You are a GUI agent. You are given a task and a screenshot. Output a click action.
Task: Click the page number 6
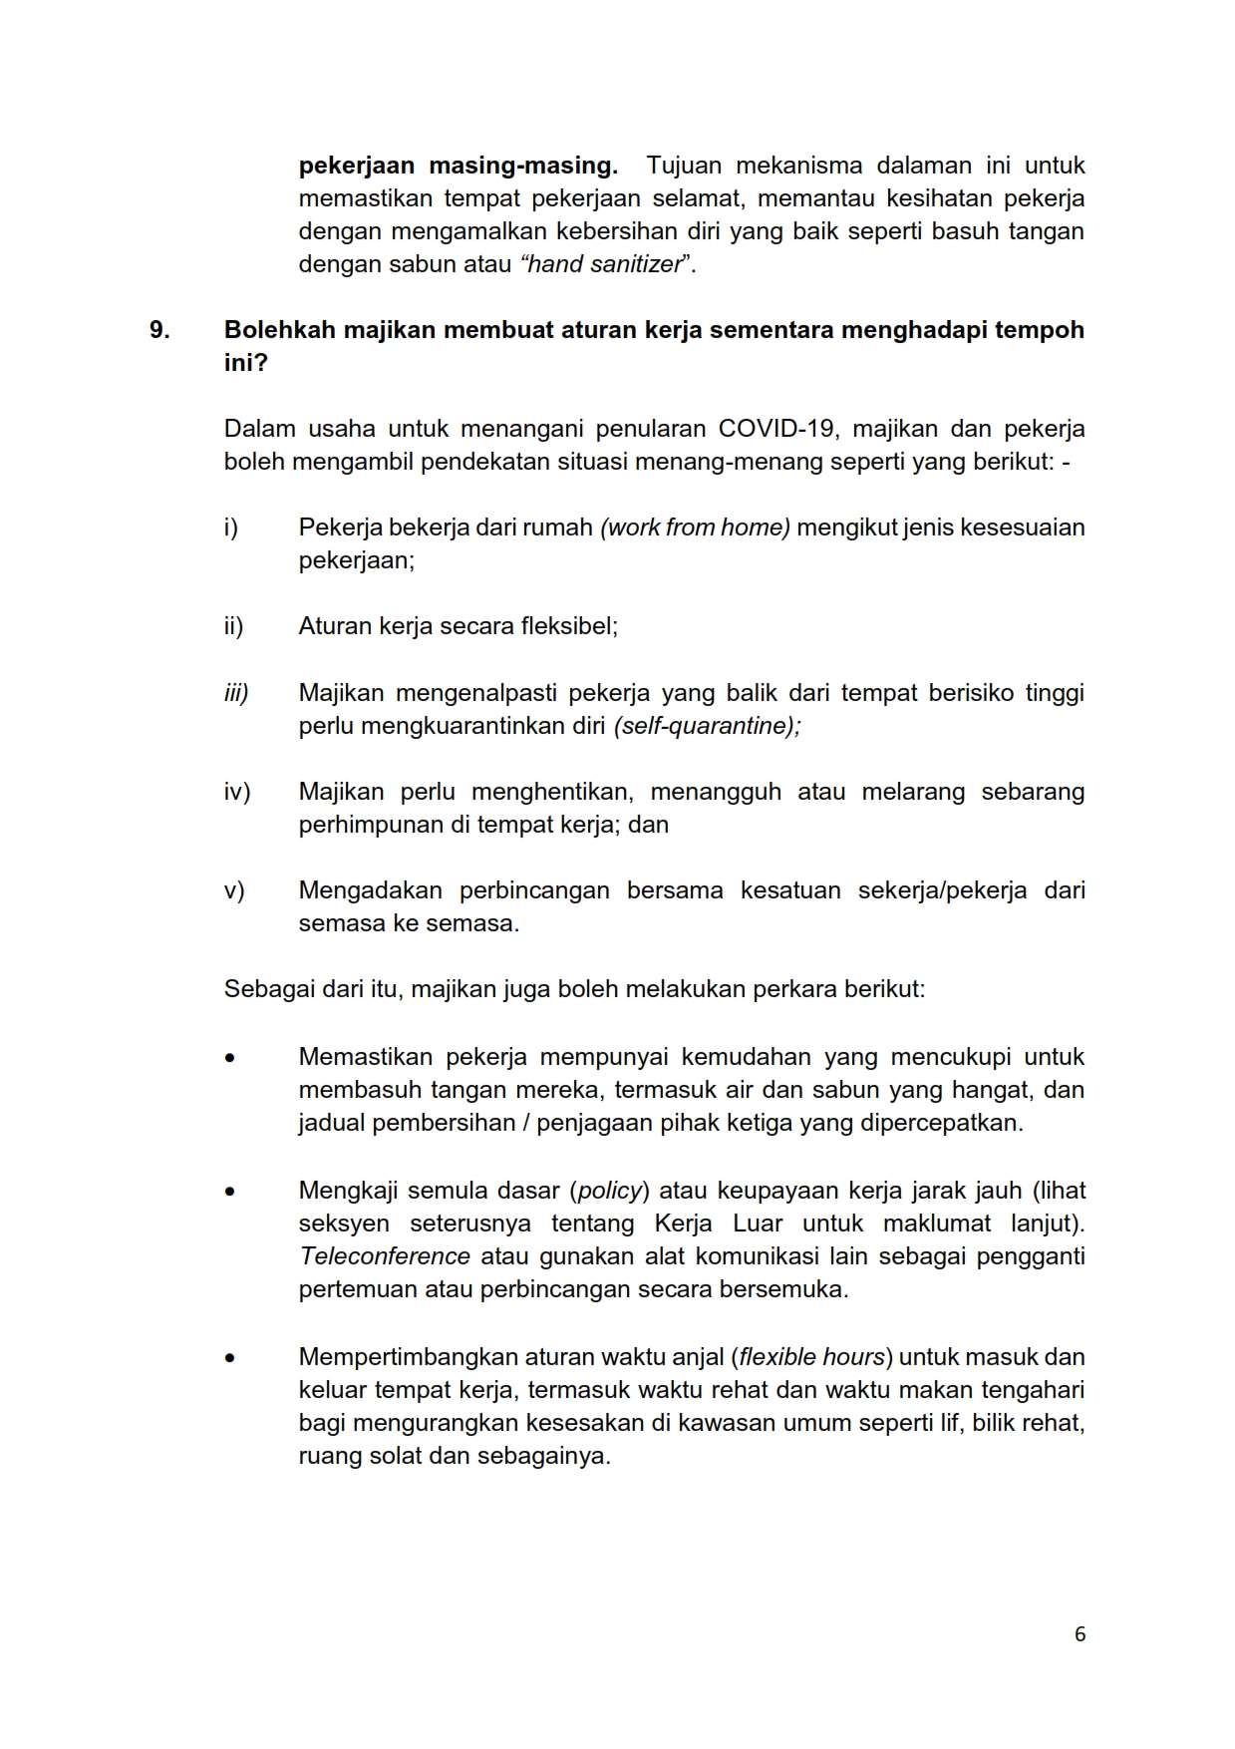coord(1080,1634)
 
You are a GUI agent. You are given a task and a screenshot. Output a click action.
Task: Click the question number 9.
coord(159,330)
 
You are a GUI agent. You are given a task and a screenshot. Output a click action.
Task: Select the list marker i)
coord(231,527)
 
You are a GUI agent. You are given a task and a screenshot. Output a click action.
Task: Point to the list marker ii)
coord(233,626)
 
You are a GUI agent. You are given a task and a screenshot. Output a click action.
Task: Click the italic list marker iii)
coord(236,693)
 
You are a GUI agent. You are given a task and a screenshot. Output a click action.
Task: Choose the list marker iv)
coord(236,792)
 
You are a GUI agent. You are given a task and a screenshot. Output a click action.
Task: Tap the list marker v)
coord(234,890)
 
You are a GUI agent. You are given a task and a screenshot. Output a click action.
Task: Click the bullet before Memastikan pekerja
coord(230,1058)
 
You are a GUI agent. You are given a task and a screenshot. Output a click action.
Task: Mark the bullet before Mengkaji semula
coord(230,1192)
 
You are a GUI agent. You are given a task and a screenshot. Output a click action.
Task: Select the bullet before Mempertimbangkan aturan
coord(230,1358)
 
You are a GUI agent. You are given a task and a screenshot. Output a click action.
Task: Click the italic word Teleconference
coord(385,1256)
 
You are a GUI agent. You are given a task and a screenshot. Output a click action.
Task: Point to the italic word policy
coord(610,1191)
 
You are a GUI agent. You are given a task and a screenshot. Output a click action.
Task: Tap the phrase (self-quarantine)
coord(707,726)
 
